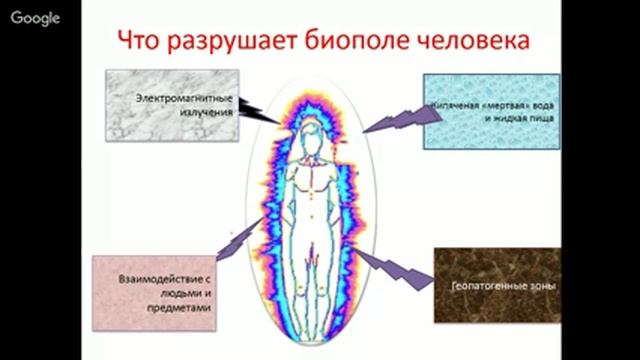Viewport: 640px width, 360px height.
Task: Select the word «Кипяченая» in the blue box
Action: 451,102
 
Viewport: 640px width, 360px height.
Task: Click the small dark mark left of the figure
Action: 232,232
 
